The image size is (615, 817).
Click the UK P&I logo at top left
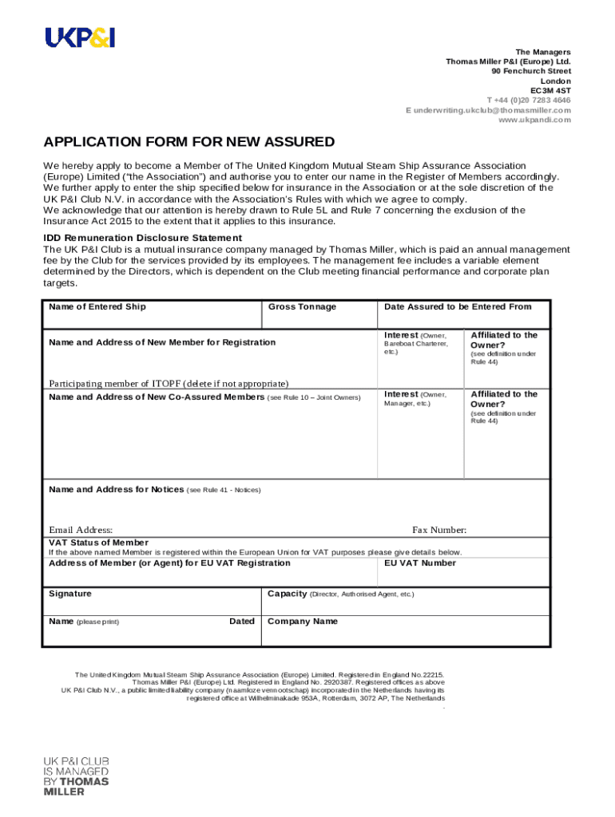tap(79, 37)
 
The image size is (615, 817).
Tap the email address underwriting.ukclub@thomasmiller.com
tap(488, 110)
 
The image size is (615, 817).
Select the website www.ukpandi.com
tap(534, 120)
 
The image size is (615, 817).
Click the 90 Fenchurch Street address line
tap(531, 71)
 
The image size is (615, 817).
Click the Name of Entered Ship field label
tap(97, 307)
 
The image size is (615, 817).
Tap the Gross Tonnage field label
tap(302, 307)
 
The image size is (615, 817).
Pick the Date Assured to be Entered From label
tap(457, 306)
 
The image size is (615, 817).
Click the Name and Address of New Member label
tap(162, 342)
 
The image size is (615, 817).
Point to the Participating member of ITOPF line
tap(169, 384)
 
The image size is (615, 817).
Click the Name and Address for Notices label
tap(116, 489)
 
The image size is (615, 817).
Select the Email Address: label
tap(81, 531)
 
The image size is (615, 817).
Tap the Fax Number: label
tap(439, 531)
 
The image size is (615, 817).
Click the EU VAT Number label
tap(420, 563)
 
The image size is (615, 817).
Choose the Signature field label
tap(70, 594)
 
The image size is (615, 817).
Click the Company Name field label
tap(303, 622)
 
